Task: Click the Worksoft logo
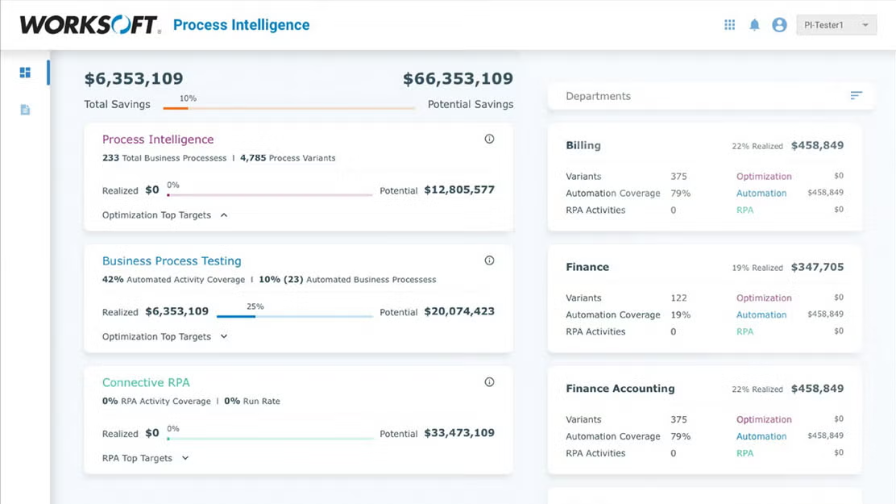point(89,24)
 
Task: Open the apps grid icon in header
point(729,25)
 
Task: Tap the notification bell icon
point(754,25)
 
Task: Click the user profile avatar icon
point(779,25)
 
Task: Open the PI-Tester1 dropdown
point(836,25)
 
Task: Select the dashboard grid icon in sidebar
point(25,73)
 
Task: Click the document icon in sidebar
point(25,110)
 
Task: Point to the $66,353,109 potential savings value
point(458,79)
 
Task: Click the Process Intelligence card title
point(158,140)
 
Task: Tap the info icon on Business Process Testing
point(489,260)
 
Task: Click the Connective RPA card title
point(146,382)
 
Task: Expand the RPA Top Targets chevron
point(185,458)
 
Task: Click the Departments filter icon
point(856,96)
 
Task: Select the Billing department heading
point(583,146)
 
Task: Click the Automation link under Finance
point(761,314)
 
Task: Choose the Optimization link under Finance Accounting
point(764,419)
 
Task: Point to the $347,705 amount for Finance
point(817,267)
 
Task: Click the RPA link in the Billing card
point(745,210)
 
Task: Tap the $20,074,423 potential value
point(459,311)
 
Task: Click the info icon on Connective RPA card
point(489,382)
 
